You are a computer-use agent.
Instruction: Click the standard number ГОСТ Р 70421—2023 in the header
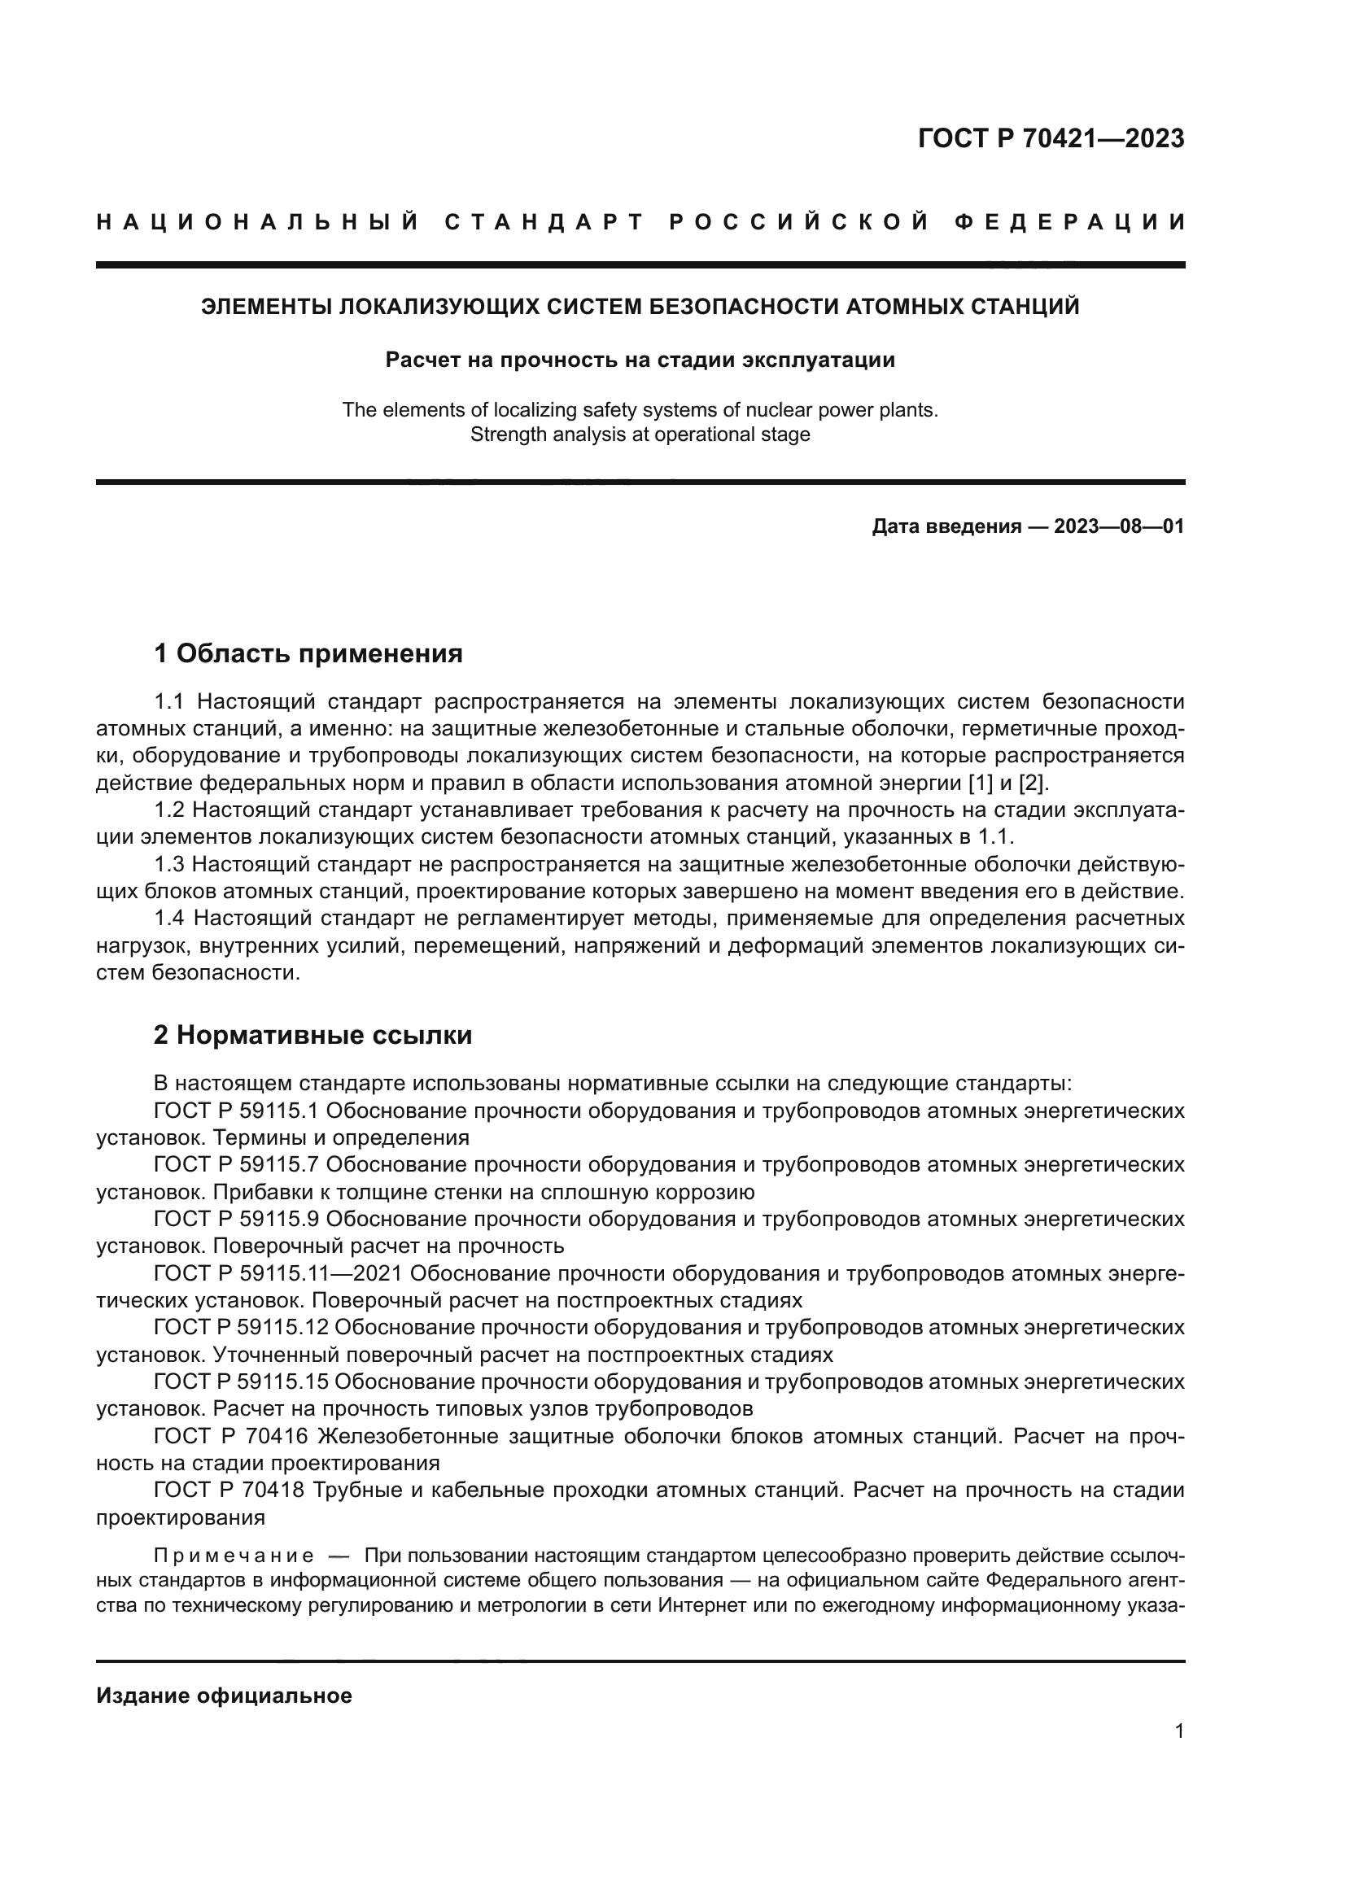click(x=1051, y=138)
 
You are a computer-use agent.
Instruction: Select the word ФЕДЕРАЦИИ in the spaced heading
click(x=1069, y=222)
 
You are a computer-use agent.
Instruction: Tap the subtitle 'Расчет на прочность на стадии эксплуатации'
click(x=640, y=360)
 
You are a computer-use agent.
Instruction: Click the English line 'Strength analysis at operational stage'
click(x=640, y=434)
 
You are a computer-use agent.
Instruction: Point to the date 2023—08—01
click(x=1119, y=526)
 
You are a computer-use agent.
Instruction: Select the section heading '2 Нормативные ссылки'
click(x=313, y=1035)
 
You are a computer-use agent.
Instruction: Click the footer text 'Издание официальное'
click(x=224, y=1696)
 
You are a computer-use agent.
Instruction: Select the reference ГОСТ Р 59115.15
click(x=241, y=1381)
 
